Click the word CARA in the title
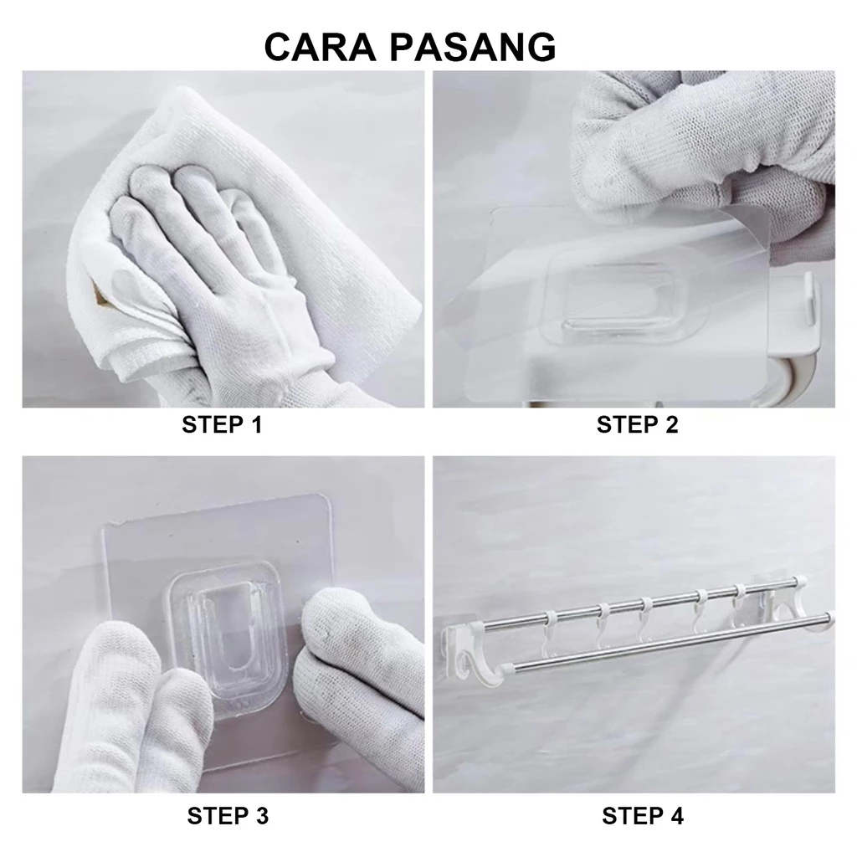pos(321,47)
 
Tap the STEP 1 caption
pos(222,424)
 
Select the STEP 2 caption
pos(637,424)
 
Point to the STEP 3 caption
pos(228,816)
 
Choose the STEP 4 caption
pos(643,816)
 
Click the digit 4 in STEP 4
pos(676,816)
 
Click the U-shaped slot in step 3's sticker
pos(225,629)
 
